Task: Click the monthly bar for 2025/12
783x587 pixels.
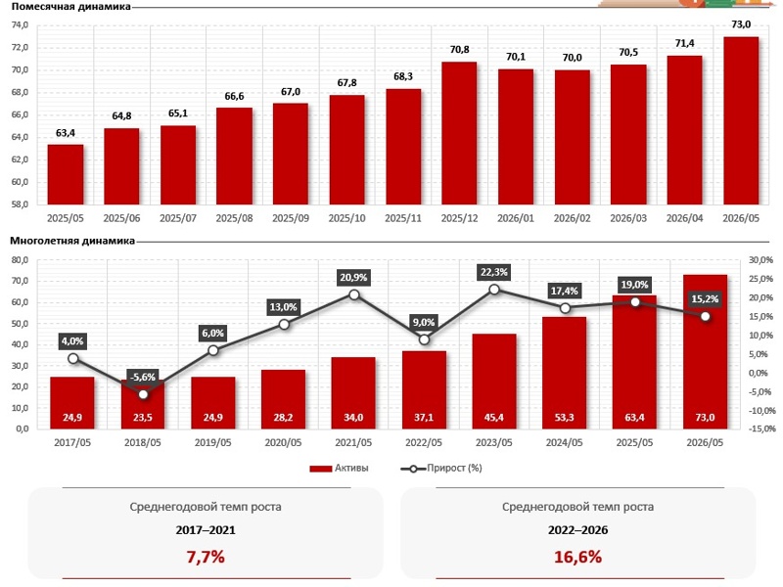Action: pyautogui.click(x=459, y=133)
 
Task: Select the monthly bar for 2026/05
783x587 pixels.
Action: pyautogui.click(x=741, y=120)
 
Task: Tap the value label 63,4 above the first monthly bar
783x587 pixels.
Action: pyautogui.click(x=66, y=133)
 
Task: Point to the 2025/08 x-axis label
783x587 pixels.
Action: pyautogui.click(x=234, y=218)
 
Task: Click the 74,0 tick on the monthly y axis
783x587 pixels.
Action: pyautogui.click(x=20, y=25)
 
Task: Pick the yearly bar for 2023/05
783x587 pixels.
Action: pyautogui.click(x=494, y=382)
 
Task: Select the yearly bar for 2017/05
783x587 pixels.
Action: pyautogui.click(x=72, y=403)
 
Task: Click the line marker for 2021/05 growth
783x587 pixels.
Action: pyautogui.click(x=354, y=295)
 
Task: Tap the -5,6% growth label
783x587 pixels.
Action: pyautogui.click(x=143, y=377)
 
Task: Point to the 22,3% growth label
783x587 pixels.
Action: pyautogui.click(x=494, y=272)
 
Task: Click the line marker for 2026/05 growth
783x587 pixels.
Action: pyautogui.click(x=705, y=316)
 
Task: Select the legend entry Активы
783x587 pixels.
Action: pyautogui.click(x=339, y=469)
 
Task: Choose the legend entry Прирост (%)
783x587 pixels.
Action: pyautogui.click(x=441, y=469)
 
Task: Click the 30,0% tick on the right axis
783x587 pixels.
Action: pyautogui.click(x=761, y=260)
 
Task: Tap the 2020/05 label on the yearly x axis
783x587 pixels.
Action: pyautogui.click(x=283, y=443)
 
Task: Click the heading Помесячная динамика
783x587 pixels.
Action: pyautogui.click(x=70, y=7)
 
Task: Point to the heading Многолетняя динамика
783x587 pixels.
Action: pyautogui.click(x=72, y=241)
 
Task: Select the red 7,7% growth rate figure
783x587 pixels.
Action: pyautogui.click(x=206, y=557)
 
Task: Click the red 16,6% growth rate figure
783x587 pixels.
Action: pyautogui.click(x=577, y=557)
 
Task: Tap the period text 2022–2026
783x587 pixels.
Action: pyautogui.click(x=577, y=530)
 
